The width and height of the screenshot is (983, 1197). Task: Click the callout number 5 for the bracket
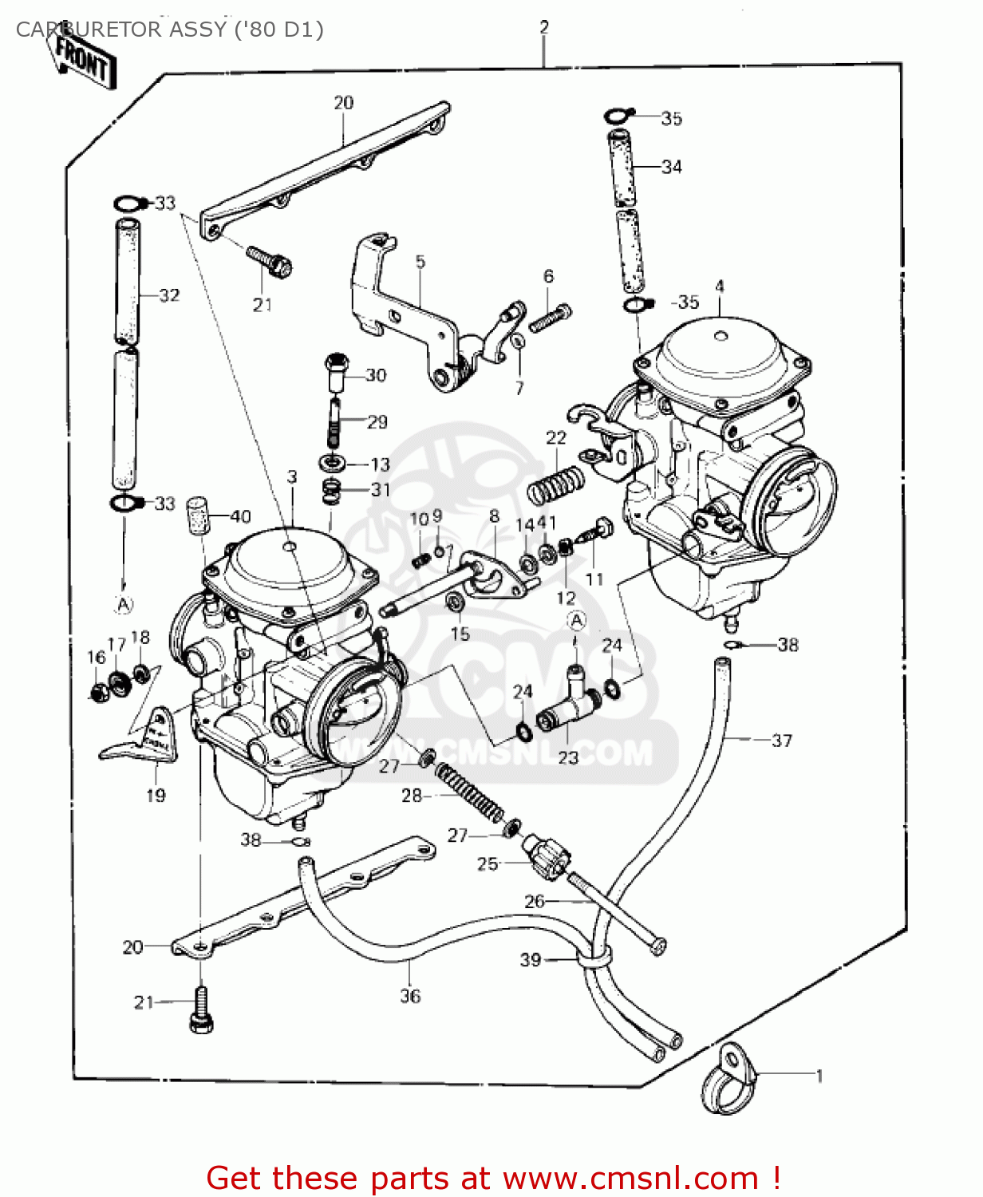(x=420, y=262)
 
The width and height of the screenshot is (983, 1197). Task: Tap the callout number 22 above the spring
(x=556, y=437)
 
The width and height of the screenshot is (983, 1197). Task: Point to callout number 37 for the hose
(x=782, y=741)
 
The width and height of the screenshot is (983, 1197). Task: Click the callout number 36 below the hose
(x=410, y=996)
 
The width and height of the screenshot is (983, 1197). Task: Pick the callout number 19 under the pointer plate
(x=156, y=795)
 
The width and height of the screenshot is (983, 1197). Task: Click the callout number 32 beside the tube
(x=169, y=295)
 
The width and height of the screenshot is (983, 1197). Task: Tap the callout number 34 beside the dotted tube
(x=672, y=167)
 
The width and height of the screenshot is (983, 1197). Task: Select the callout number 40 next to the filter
(x=240, y=516)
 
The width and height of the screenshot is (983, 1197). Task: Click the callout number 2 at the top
(x=544, y=27)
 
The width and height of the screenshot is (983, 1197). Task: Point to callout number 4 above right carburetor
(x=720, y=286)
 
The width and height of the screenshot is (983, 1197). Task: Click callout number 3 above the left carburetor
(x=292, y=476)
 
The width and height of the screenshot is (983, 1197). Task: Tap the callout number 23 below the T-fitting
(x=568, y=757)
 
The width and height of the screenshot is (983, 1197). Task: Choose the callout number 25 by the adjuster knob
(x=488, y=863)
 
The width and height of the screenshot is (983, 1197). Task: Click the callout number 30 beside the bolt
(x=376, y=375)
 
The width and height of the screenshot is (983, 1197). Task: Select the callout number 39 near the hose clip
(x=531, y=960)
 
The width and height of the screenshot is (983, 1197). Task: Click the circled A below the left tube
(x=124, y=605)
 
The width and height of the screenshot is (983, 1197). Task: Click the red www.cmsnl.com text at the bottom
(x=630, y=1178)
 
